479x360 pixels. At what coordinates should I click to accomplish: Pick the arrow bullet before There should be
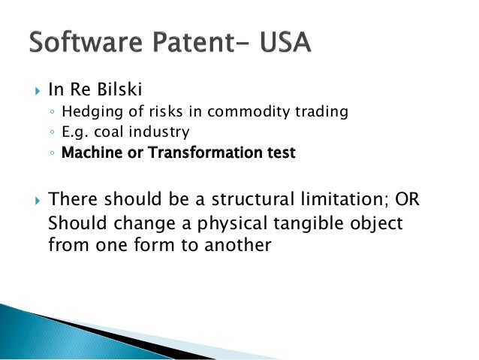[36, 201]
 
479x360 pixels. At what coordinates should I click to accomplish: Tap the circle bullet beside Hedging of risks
[52, 113]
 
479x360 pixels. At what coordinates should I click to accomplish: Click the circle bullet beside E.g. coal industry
[52, 133]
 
